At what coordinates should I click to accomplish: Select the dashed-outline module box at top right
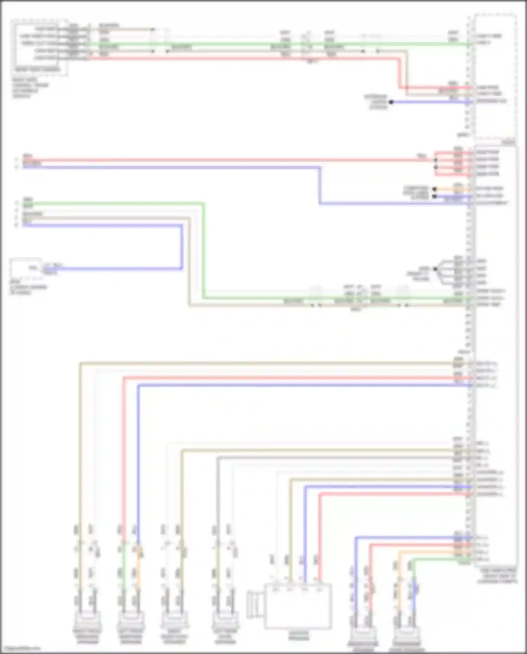click(x=495, y=77)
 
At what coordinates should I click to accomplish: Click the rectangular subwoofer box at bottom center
click(x=298, y=606)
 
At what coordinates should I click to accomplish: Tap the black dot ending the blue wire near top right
click(x=391, y=102)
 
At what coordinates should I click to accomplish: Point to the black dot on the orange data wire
click(x=435, y=189)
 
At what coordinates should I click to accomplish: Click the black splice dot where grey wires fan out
click(x=435, y=269)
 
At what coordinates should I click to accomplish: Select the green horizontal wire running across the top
click(x=246, y=45)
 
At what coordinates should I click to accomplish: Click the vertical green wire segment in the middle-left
click(x=203, y=250)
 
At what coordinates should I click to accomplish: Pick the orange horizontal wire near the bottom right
click(x=432, y=552)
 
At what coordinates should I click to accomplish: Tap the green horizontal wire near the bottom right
click(x=439, y=559)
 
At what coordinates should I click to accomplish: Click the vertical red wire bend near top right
click(x=399, y=74)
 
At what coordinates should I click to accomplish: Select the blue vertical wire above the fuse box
click(x=182, y=246)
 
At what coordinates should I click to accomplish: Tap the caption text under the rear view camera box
click(x=30, y=88)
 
